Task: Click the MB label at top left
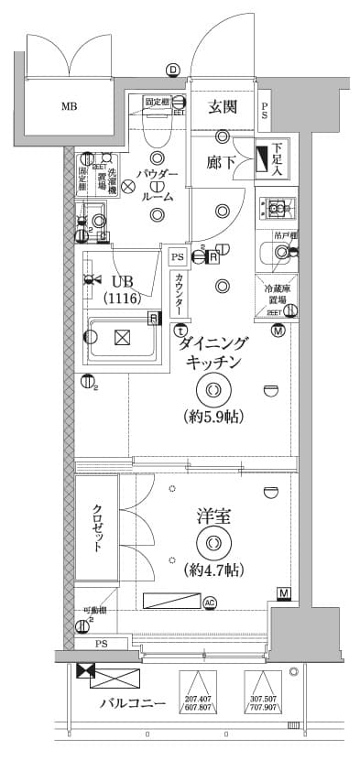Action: (70, 106)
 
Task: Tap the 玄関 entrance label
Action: (223, 107)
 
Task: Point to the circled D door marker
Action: (172, 69)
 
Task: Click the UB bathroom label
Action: (122, 281)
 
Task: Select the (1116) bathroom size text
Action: (121, 299)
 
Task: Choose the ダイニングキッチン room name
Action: (213, 353)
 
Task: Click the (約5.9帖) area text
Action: (213, 417)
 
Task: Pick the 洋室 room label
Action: (213, 517)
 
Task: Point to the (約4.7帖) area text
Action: (213, 570)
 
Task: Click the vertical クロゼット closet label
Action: (96, 528)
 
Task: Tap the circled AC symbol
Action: (210, 602)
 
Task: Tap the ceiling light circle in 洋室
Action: (213, 543)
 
